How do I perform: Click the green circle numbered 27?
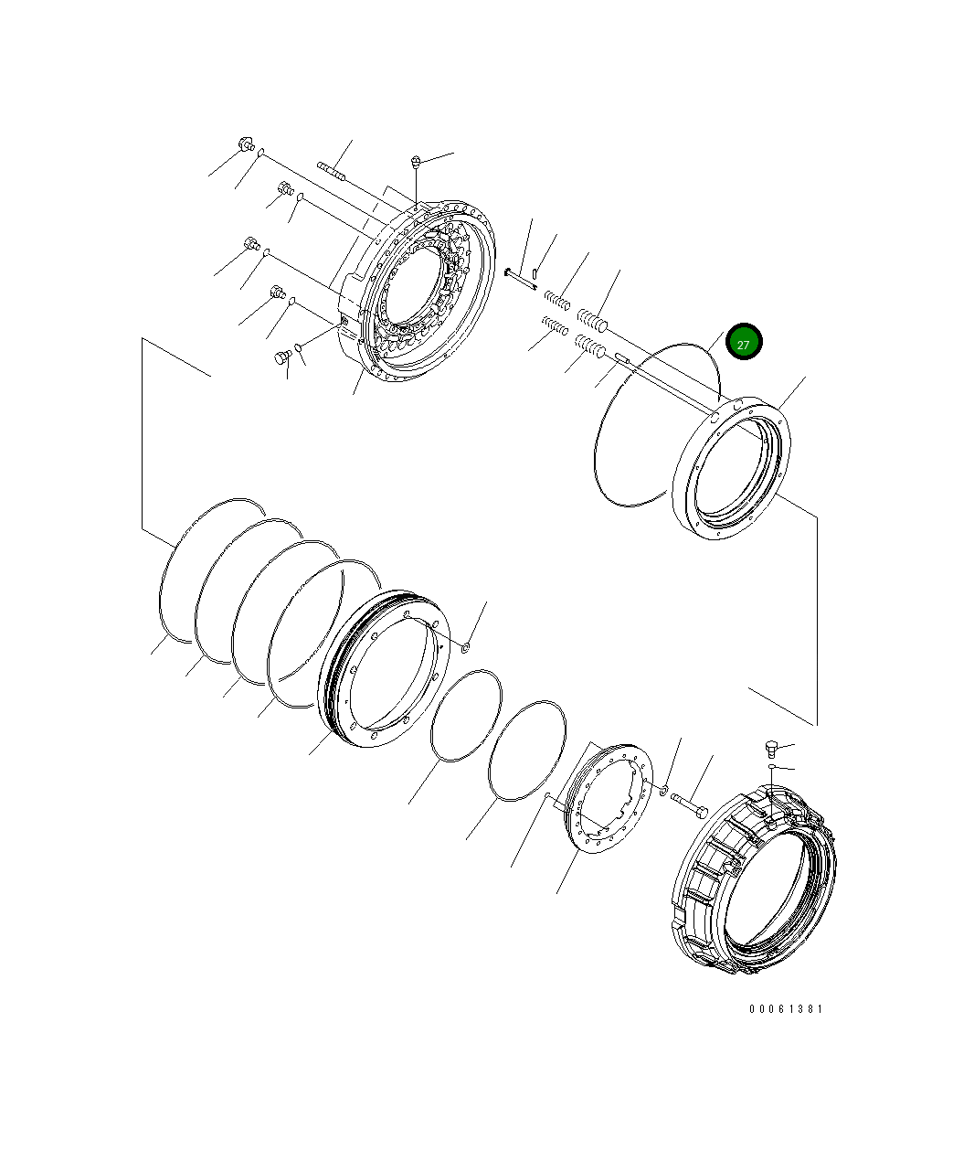click(x=743, y=343)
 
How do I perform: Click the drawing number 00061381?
click(x=786, y=1009)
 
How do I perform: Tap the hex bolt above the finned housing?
click(x=769, y=750)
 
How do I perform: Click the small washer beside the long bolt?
click(x=664, y=788)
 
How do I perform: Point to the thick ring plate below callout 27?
click(x=731, y=466)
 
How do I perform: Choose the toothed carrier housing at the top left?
click(x=420, y=293)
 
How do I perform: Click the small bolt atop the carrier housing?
click(x=416, y=163)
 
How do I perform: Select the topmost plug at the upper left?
click(x=245, y=144)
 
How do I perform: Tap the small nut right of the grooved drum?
click(x=465, y=647)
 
